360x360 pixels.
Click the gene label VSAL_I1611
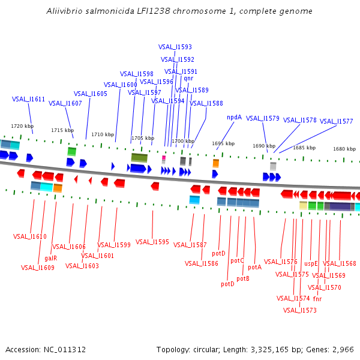point(28,99)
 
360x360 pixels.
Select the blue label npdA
point(234,117)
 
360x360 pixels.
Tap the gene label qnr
point(188,78)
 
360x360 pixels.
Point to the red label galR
point(50,258)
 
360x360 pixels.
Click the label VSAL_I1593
point(175,47)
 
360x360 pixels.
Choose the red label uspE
point(311,263)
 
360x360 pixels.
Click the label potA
point(254,267)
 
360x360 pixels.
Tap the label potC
point(238,260)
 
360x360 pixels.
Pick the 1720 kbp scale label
point(22,126)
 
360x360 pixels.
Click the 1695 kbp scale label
point(222,143)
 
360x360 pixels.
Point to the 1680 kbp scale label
point(344,149)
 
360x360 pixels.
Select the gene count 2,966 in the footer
point(343,349)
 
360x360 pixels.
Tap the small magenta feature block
point(163,158)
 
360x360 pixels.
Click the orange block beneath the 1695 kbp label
point(216,163)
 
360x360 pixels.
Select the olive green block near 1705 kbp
point(139,157)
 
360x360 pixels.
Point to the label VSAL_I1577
point(336,121)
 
